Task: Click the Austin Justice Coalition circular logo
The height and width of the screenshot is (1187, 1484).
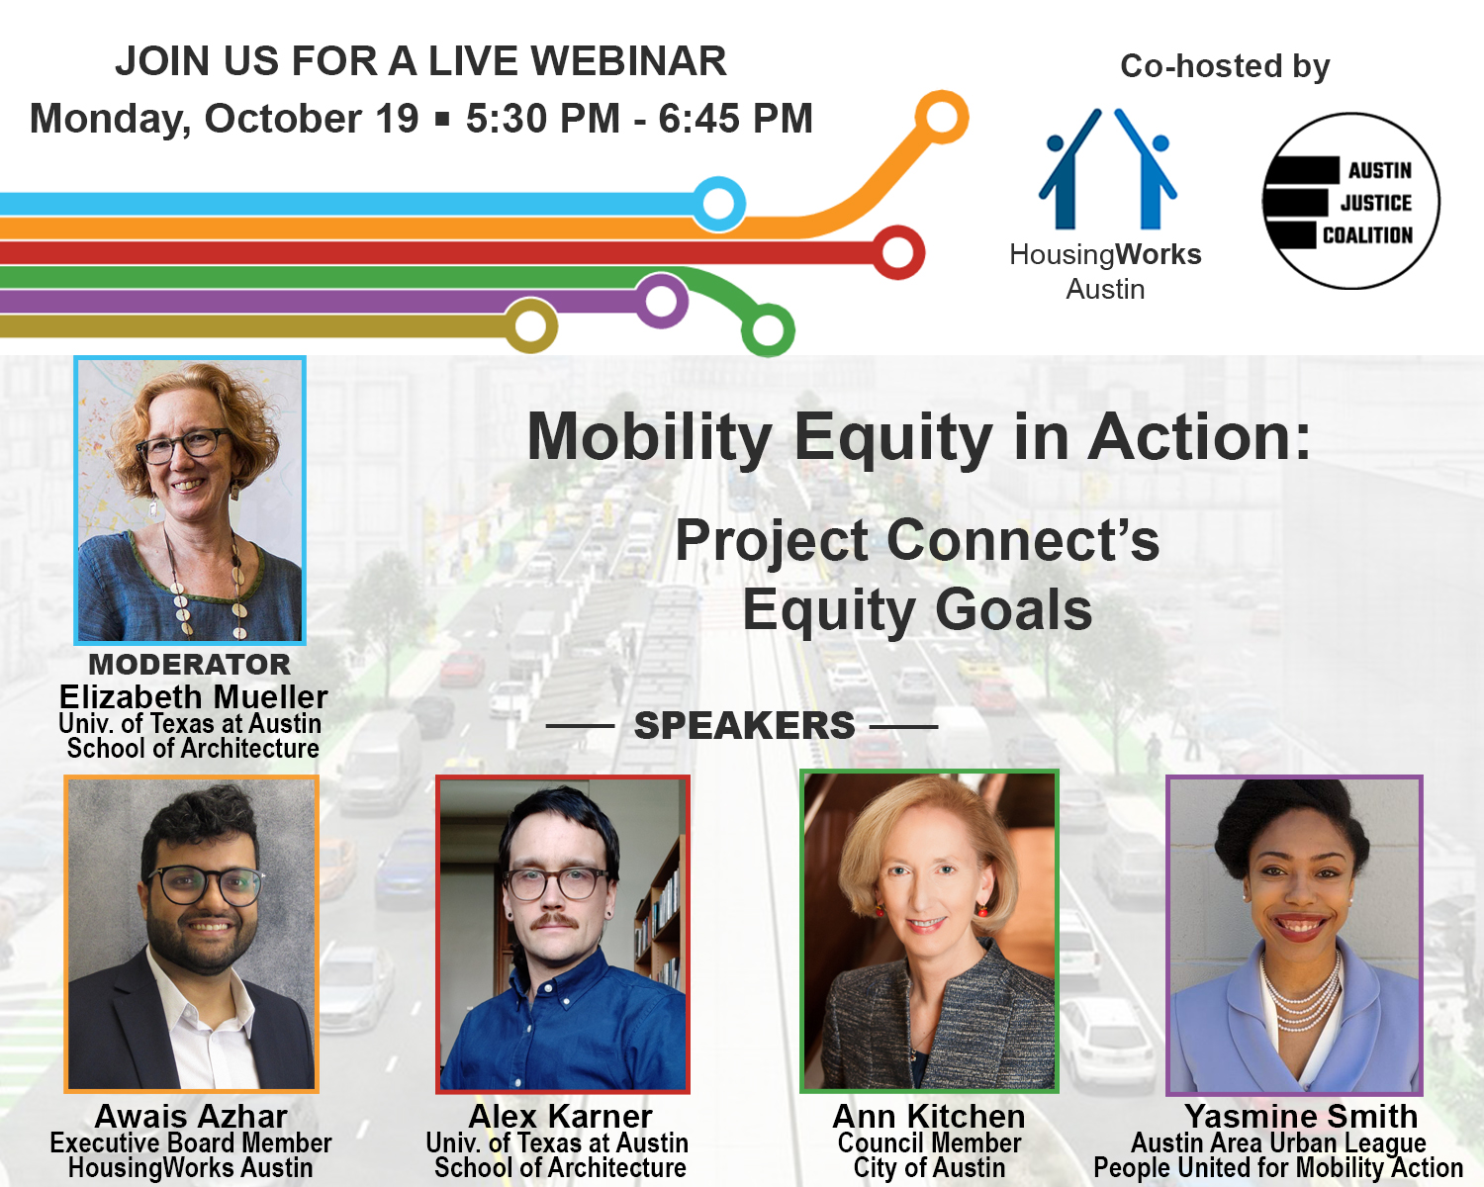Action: coord(1350,201)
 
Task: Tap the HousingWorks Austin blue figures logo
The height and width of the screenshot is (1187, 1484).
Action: coord(1107,169)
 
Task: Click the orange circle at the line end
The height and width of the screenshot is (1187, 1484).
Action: coord(941,117)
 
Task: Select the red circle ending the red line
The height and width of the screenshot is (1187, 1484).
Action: coord(897,251)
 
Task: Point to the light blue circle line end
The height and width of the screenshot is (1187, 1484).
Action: coord(718,204)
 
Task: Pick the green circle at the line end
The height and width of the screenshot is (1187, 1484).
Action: coord(768,329)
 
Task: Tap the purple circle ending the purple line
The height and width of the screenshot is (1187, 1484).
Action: coord(661,300)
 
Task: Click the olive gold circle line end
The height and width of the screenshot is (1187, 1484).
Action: coord(531,324)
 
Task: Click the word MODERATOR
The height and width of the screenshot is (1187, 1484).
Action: coord(190,664)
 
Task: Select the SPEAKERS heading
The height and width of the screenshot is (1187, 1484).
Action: coord(744,725)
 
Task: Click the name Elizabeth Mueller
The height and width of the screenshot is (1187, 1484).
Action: coord(193,696)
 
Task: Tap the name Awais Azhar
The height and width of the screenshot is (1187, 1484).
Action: coord(191,1116)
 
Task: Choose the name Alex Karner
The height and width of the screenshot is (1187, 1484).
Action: coord(561,1116)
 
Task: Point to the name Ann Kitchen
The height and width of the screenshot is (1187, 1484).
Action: coord(929,1116)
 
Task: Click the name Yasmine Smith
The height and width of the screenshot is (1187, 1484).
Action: coord(1301,1116)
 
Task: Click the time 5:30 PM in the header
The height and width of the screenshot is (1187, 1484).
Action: coord(542,119)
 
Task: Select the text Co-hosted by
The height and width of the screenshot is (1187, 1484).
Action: coord(1225,66)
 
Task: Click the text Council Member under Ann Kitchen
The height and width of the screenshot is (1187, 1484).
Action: coord(929,1142)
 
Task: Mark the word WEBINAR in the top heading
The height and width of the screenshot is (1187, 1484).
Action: coord(628,61)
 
